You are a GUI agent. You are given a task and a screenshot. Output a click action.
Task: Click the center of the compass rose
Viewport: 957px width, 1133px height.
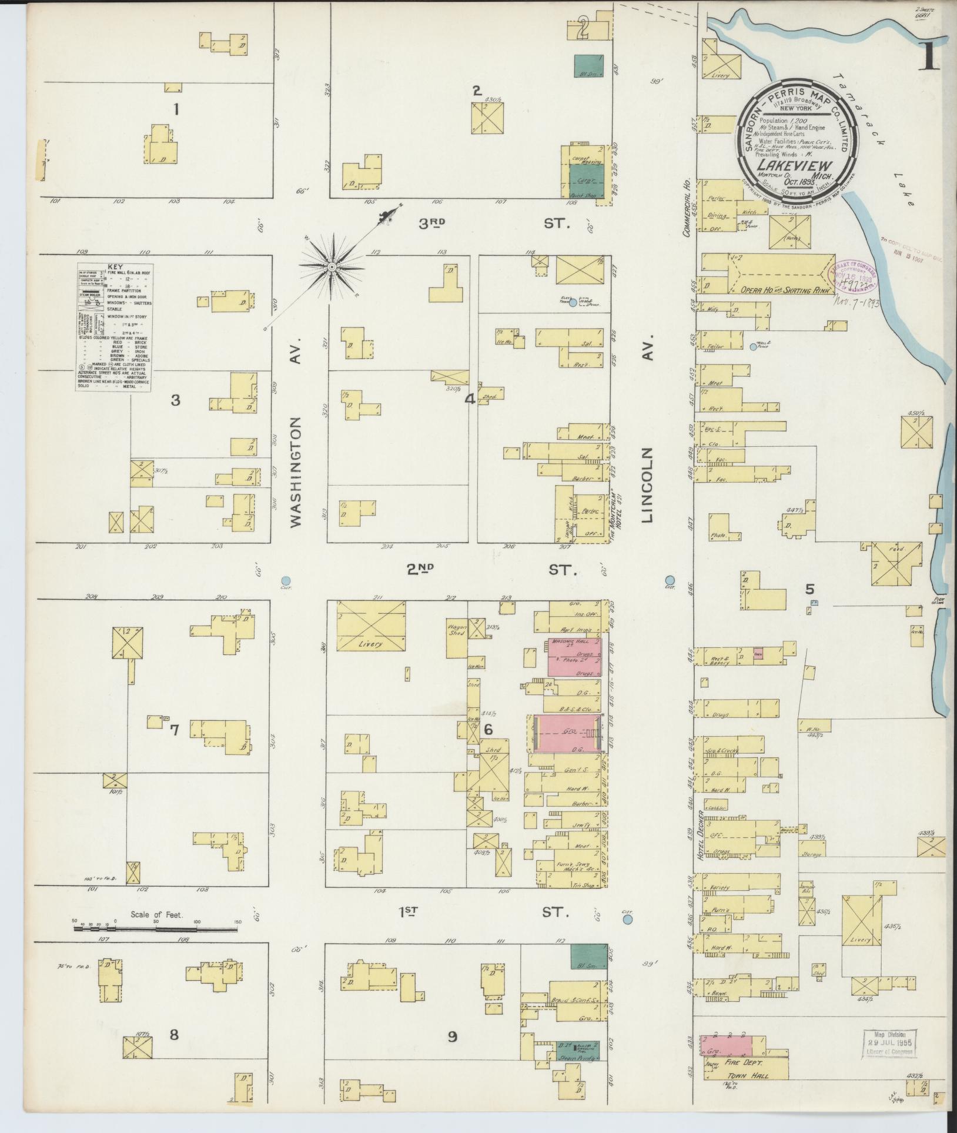pos(331,268)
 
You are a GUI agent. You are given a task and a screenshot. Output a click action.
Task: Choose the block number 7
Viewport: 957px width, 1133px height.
pos(174,730)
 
